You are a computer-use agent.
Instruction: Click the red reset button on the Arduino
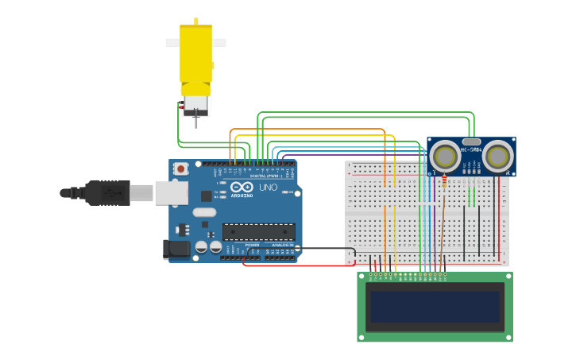pos(181,168)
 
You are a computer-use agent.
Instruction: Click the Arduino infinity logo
pos(242,187)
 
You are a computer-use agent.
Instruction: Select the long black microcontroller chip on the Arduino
pos(258,231)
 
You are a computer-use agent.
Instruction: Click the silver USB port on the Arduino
pos(171,193)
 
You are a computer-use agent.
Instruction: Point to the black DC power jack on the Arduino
pos(176,249)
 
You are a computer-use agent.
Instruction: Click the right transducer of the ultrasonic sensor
pos(497,157)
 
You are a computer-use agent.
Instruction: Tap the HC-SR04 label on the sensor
pos(471,148)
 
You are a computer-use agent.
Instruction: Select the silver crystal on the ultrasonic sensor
pos(471,141)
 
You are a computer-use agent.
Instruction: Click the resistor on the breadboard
pos(443,180)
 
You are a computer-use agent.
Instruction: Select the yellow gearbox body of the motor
pos(195,54)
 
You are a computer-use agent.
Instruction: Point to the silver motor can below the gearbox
pos(195,103)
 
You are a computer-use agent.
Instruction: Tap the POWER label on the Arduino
pos(252,245)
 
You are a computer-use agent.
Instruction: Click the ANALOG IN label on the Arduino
pos(282,245)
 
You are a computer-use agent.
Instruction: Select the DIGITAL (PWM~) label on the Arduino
pos(267,176)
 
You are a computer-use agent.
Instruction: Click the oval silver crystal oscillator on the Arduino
pos(204,212)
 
